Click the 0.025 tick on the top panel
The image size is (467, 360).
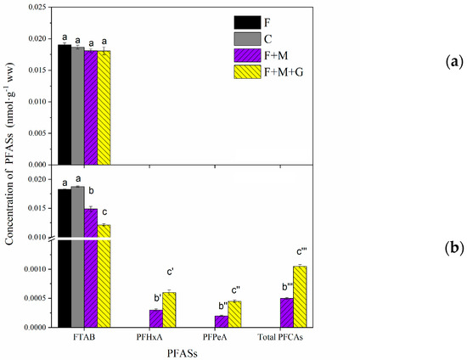point(37,8)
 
